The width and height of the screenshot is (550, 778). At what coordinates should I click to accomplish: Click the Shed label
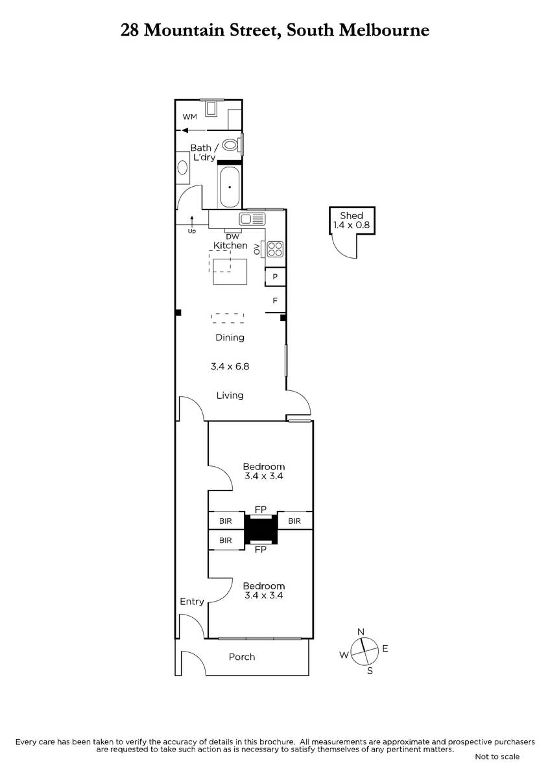click(352, 215)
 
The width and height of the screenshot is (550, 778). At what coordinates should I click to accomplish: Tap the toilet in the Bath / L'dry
click(231, 145)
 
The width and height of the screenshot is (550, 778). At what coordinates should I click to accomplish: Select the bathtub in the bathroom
click(230, 187)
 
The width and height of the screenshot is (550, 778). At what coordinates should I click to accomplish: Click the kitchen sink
click(252, 219)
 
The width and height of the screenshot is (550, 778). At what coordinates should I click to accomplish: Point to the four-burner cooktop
click(275, 249)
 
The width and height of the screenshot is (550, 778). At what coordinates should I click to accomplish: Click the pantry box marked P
click(275, 276)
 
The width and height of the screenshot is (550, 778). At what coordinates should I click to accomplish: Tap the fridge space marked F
click(275, 300)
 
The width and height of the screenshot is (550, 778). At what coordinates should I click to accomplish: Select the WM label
click(189, 117)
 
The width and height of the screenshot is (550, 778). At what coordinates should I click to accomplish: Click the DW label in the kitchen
click(232, 237)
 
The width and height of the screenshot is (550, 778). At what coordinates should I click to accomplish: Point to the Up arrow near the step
click(192, 220)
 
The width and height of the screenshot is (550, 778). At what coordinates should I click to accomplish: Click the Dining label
click(230, 337)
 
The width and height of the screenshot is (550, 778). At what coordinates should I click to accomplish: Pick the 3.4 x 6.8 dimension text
click(230, 366)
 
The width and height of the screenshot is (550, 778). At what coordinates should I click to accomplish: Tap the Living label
click(230, 395)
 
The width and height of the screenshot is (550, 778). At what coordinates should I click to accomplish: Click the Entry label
click(192, 601)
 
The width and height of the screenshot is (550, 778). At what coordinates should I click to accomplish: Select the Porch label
click(242, 657)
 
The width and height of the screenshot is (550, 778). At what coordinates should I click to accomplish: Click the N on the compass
click(361, 631)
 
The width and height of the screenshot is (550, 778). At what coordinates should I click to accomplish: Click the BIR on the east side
click(294, 521)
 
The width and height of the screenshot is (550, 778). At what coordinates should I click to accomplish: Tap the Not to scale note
click(497, 757)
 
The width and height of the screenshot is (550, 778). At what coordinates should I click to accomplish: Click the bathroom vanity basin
click(182, 168)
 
